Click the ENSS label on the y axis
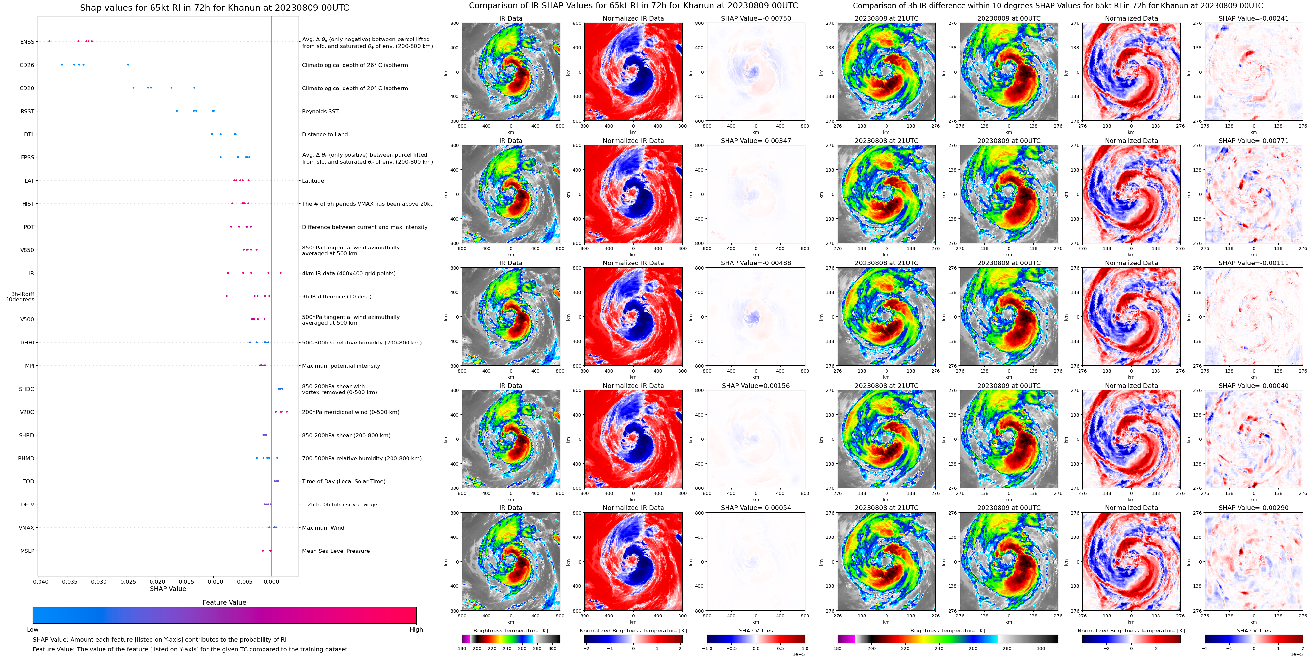pos(27,42)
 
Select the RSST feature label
pos(27,111)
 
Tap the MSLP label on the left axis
pos(27,551)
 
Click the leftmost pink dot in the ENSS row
pos(49,41)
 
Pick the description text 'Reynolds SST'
pos(320,111)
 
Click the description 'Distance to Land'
pos(325,134)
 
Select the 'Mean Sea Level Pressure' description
pos(335,551)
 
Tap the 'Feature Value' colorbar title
pos(224,602)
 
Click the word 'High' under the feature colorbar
pos(416,630)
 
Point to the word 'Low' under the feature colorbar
pos(33,630)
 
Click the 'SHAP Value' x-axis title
pos(168,589)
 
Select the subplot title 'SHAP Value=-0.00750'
pos(755,18)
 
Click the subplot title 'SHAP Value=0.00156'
pos(755,386)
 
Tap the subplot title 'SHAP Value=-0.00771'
pos(1253,141)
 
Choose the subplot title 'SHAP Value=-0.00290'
pos(1253,508)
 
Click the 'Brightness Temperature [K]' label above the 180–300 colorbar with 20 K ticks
pos(510,631)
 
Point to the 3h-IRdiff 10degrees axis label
pos(20,297)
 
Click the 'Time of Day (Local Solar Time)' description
pos(344,481)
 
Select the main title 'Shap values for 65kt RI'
pos(214,8)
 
